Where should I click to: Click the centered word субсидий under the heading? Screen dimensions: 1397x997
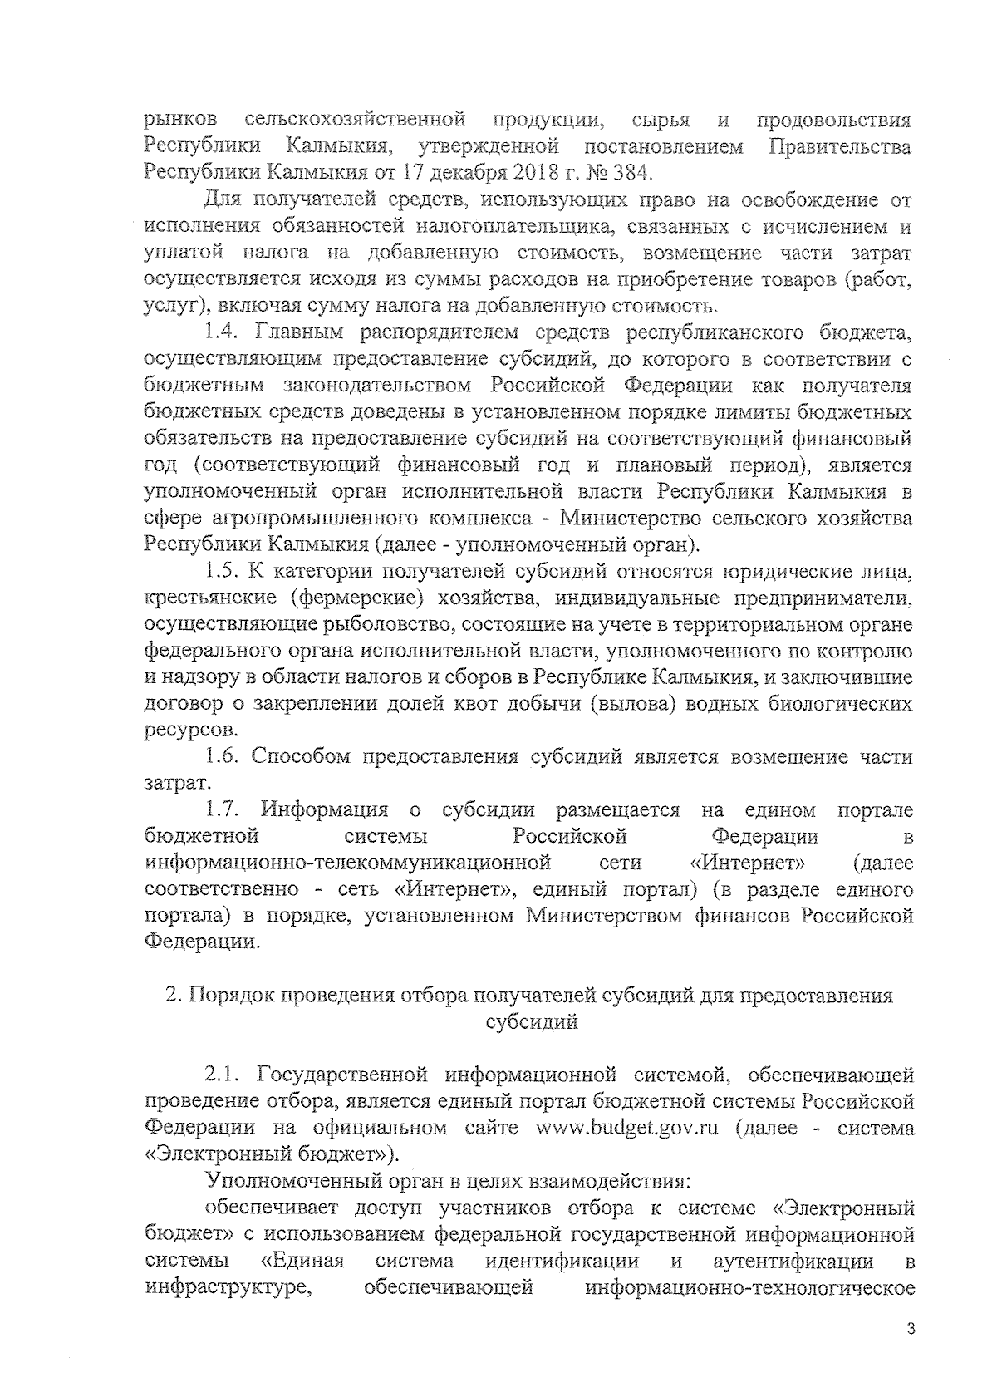coord(531,1023)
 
